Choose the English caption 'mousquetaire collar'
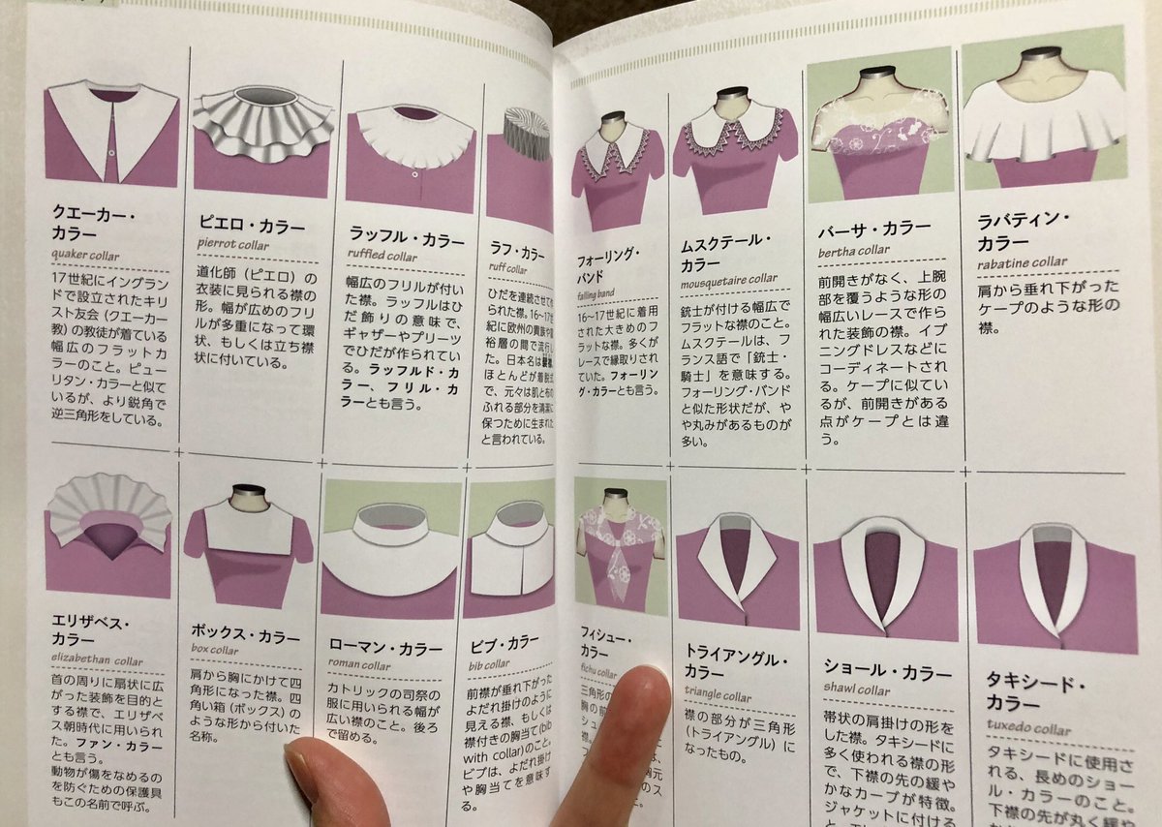pos(728,280)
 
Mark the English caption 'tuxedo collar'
pos(1028,729)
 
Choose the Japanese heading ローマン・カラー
pos(385,647)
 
